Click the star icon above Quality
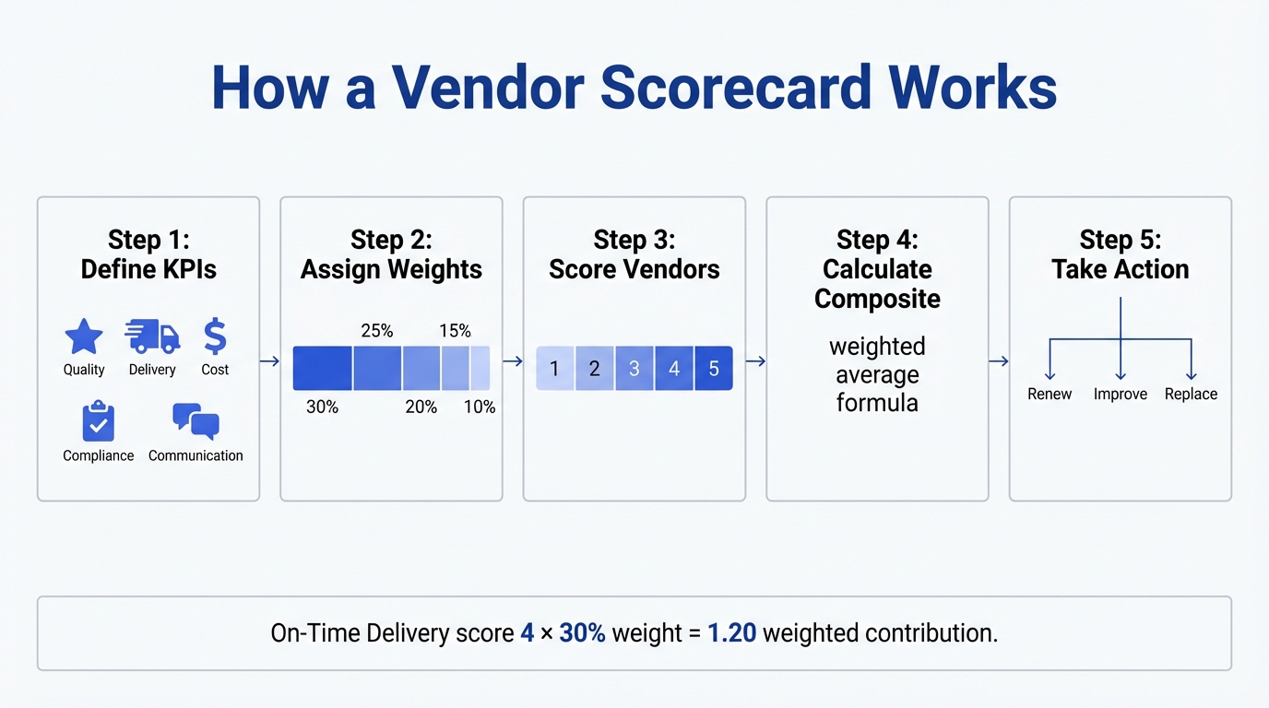tap(84, 337)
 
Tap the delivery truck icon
tap(152, 337)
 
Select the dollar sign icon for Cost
tap(215, 337)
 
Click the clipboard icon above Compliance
tap(98, 422)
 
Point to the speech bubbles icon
tap(196, 421)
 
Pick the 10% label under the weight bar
tap(480, 407)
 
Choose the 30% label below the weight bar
tap(322, 407)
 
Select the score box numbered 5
tap(714, 369)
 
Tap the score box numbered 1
tap(554, 369)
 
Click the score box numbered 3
tap(634, 369)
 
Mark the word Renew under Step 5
tap(1050, 395)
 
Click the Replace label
tap(1191, 395)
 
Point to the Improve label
tap(1121, 395)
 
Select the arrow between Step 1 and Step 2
tap(269, 361)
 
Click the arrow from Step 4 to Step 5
tap(998, 361)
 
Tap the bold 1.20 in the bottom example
tap(731, 633)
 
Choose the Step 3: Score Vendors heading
tap(634, 254)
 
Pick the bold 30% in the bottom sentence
tap(582, 633)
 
